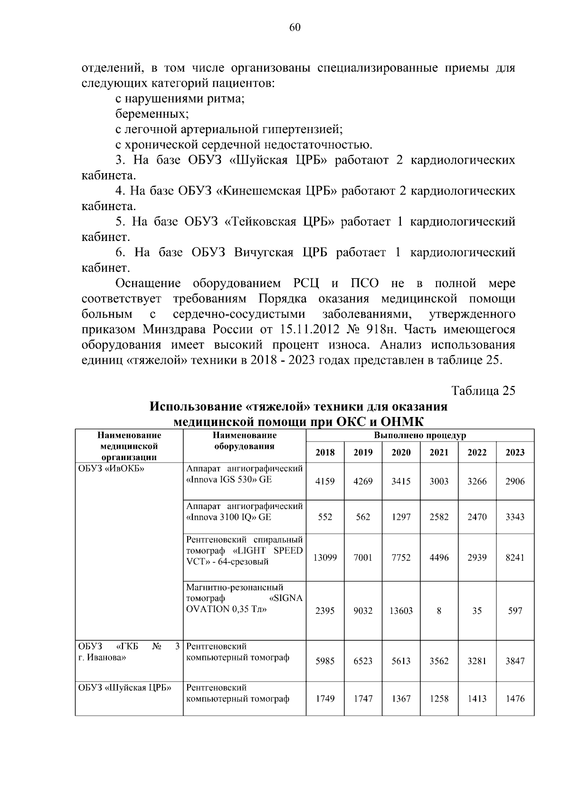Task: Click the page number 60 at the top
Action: coord(294,28)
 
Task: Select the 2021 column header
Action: coord(439,452)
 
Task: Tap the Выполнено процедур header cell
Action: coord(420,435)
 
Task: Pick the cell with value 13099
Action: coord(325,557)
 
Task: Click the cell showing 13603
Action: coord(401,611)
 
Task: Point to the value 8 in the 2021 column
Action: coord(439,611)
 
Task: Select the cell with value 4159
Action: coord(325,481)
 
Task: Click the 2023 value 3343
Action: coord(515,517)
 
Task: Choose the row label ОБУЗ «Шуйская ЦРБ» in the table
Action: coord(125,688)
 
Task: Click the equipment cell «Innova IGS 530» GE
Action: coord(229,480)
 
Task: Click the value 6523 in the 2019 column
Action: coord(363,661)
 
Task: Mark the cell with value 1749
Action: coord(325,699)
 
